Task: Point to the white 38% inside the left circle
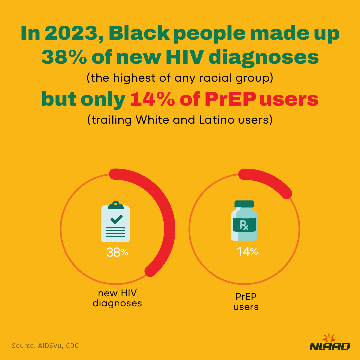coord(117,252)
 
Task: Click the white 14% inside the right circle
coord(247,252)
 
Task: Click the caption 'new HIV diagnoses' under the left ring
coord(117,298)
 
